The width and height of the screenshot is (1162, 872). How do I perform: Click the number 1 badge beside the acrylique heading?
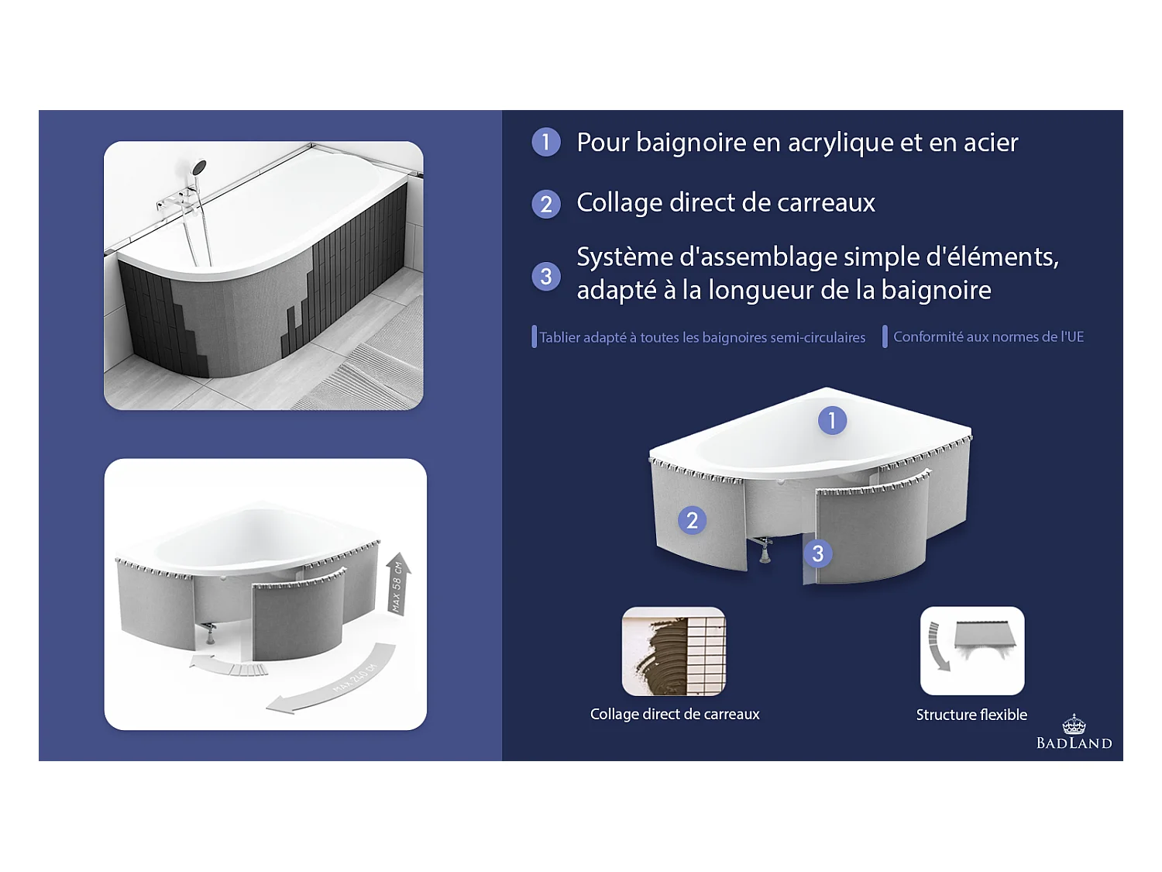pos(546,142)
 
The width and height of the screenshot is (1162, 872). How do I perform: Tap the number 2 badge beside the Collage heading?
pos(546,204)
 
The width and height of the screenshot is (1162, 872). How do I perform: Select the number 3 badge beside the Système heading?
pos(546,276)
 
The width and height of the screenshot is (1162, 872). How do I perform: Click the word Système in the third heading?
pos(625,257)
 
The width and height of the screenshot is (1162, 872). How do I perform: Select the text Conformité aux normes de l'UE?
pos(988,337)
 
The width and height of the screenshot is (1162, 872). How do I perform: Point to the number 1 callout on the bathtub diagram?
pos(832,420)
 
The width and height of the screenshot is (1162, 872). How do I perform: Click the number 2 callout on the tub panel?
pos(692,520)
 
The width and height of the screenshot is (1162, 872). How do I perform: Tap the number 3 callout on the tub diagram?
pos(817,553)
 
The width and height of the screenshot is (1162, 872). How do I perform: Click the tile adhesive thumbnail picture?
pos(673,651)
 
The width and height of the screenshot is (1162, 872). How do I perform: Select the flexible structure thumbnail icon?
pos(971,650)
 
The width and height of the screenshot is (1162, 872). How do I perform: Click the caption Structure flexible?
pos(971,715)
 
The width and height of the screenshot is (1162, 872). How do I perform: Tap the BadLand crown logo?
pos(1074,726)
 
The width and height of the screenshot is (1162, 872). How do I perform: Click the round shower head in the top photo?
pos(199,167)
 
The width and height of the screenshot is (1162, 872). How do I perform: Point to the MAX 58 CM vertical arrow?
pos(398,584)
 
